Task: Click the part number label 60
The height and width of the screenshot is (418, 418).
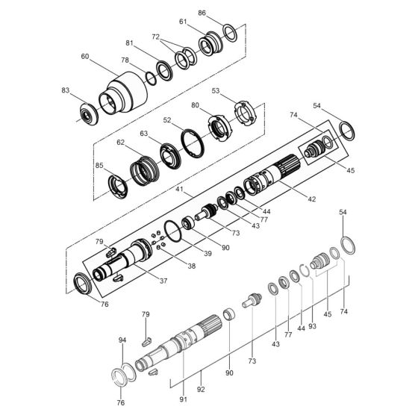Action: [84, 56]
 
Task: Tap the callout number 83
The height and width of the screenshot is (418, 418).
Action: [66, 90]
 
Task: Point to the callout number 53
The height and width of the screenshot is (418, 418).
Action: [216, 90]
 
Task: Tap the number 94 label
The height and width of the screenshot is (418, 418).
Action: [122, 340]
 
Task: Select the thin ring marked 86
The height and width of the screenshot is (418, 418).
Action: [231, 31]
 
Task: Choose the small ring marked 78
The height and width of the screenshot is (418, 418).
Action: [150, 78]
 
